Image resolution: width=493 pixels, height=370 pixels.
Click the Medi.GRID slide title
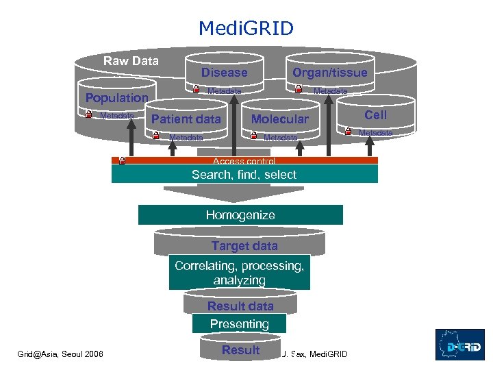click(246, 28)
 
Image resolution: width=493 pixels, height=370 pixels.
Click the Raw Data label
click(131, 61)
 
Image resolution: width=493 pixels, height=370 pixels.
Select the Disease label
click(224, 72)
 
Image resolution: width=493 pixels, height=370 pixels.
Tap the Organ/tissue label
click(329, 72)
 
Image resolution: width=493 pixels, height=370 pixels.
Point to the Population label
click(116, 97)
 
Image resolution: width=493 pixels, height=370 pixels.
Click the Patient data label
click(186, 119)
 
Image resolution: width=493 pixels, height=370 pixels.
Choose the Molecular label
click(279, 119)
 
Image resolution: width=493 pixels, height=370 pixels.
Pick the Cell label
click(375, 115)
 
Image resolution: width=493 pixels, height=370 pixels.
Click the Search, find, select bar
click(244, 174)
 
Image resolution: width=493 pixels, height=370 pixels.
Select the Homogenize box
click(240, 215)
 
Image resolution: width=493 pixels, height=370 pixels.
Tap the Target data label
click(244, 246)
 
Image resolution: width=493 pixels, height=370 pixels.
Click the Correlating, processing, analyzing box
click(239, 273)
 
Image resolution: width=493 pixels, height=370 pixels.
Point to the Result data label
click(240, 306)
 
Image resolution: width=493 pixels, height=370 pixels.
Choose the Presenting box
click(239, 323)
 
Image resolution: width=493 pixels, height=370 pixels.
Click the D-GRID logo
click(459, 345)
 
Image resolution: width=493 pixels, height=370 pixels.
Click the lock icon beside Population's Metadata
click(88, 115)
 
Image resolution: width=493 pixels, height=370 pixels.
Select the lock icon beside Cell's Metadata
click(348, 132)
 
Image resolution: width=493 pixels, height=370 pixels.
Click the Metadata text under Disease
click(224, 90)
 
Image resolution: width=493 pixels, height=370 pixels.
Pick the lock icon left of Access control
click(121, 161)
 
